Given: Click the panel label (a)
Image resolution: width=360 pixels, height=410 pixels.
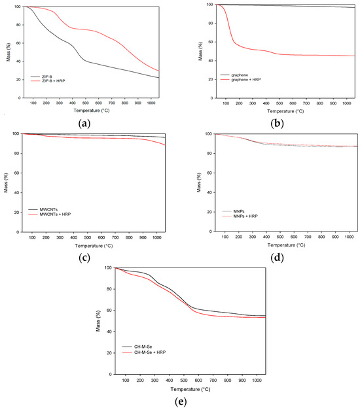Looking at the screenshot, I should [x=88, y=122].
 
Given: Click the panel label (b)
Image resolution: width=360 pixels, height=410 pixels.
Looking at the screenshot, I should [x=270, y=122].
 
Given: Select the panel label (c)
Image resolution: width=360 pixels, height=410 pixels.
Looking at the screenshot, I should [x=88, y=257].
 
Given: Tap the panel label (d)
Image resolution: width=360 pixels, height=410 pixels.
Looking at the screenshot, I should [x=270, y=257].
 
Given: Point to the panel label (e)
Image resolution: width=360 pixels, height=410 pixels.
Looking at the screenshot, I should [x=180, y=401].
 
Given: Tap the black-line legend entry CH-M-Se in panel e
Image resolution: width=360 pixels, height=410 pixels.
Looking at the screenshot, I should [x=139, y=347].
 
